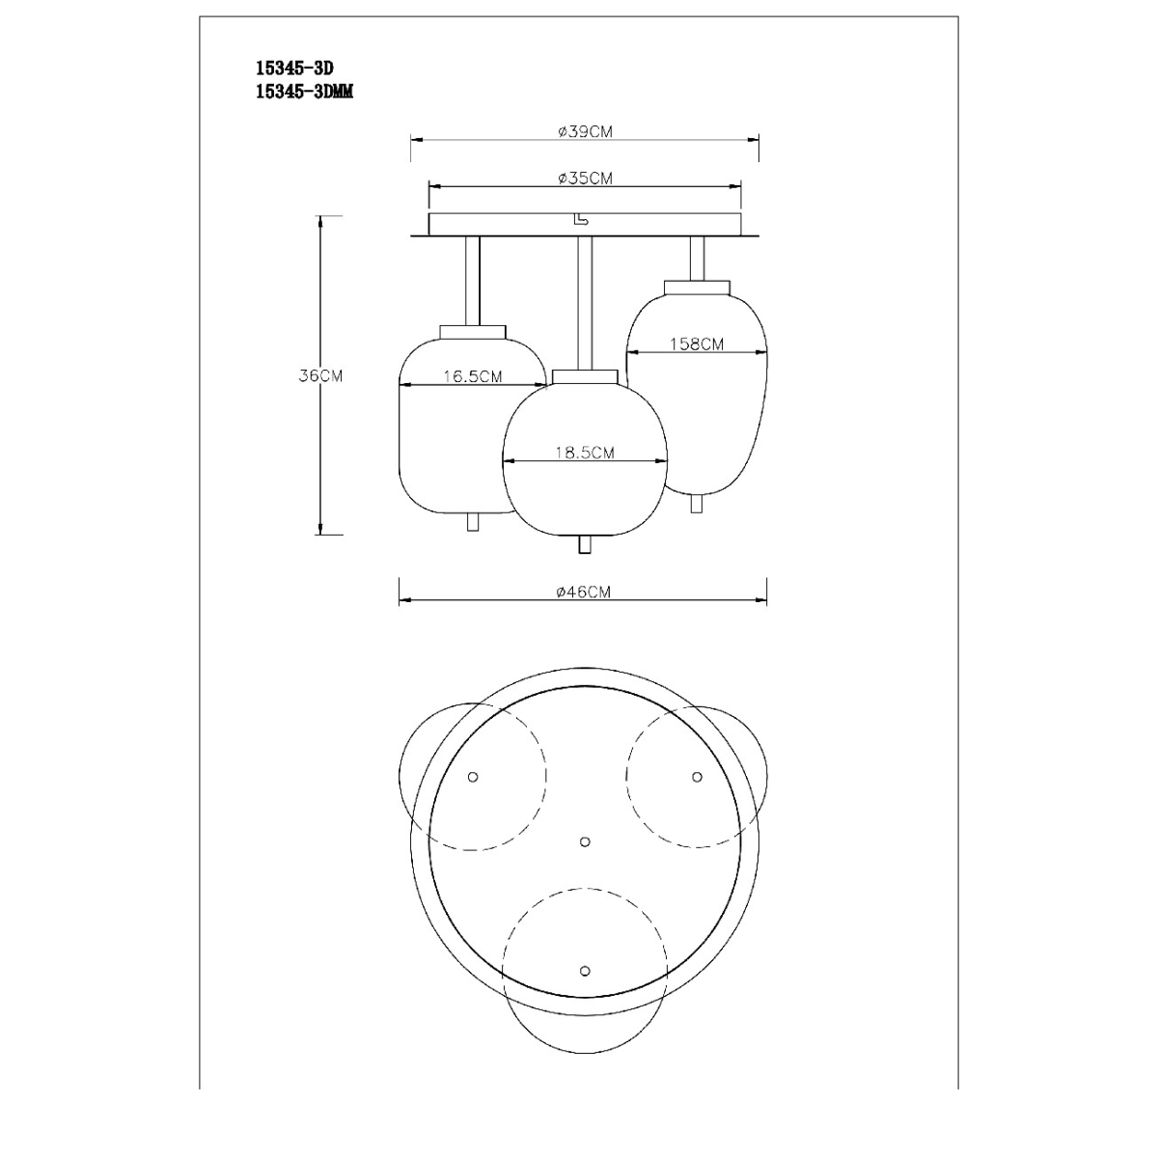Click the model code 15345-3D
tap(295, 68)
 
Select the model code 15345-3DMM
tap(305, 92)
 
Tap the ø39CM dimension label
tap(585, 131)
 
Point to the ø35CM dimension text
tap(585, 179)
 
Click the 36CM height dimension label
tap(320, 375)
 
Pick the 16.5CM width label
tap(472, 376)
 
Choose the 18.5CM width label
tap(585, 452)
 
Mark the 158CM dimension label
tap(697, 344)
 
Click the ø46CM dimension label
tap(584, 592)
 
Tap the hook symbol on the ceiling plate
tap(579, 220)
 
